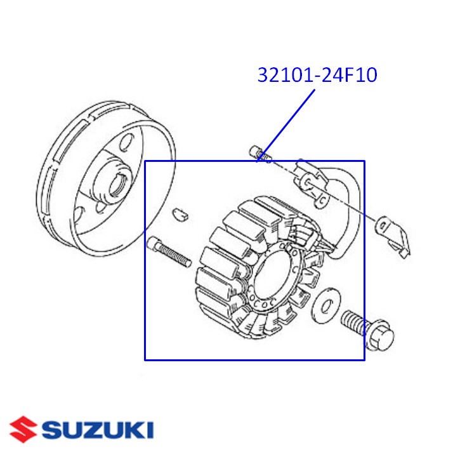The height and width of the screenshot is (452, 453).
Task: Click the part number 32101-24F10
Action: [x=317, y=76]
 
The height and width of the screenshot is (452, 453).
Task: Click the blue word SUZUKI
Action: [x=98, y=430]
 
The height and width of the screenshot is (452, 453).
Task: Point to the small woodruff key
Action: [x=180, y=213]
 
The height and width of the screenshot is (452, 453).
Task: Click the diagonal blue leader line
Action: [x=289, y=124]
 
